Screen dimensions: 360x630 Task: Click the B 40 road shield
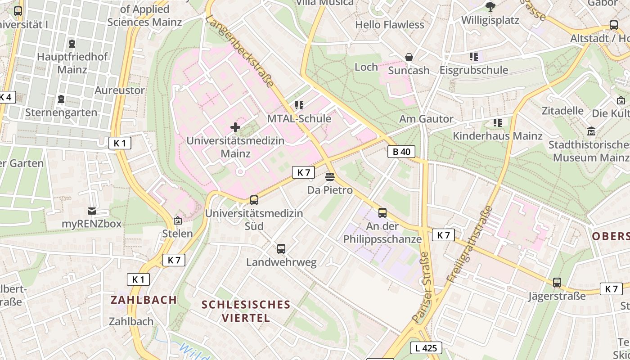pyautogui.click(x=401, y=152)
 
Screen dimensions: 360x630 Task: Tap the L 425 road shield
pyautogui.click(x=426, y=347)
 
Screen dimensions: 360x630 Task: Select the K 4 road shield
pyautogui.click(x=7, y=97)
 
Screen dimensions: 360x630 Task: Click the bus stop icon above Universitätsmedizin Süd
pyautogui.click(x=254, y=200)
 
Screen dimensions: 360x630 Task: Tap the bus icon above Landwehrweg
pyautogui.click(x=281, y=248)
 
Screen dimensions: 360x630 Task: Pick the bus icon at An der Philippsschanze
pyautogui.click(x=382, y=213)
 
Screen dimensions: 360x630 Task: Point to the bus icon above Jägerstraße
pyautogui.click(x=557, y=283)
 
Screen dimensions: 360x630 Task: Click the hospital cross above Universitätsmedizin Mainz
pyautogui.click(x=235, y=127)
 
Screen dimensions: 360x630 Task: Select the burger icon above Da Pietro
pyautogui.click(x=330, y=177)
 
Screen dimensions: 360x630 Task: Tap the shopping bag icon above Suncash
pyautogui.click(x=409, y=57)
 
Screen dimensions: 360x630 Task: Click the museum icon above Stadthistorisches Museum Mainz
pyautogui.click(x=591, y=131)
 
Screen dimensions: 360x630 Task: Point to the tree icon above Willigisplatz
pyautogui.click(x=490, y=6)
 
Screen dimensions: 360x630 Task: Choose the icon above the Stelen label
pyautogui.click(x=178, y=220)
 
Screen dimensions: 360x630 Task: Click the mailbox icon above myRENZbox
pyautogui.click(x=92, y=211)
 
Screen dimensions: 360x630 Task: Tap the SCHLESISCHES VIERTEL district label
pyautogui.click(x=246, y=311)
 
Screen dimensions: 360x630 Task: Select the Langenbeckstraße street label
pyautogui.click(x=240, y=51)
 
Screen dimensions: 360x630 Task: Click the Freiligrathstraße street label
pyautogui.click(x=469, y=243)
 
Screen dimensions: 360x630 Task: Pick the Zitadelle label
pyautogui.click(x=562, y=110)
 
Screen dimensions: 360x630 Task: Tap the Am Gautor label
pyautogui.click(x=426, y=119)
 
